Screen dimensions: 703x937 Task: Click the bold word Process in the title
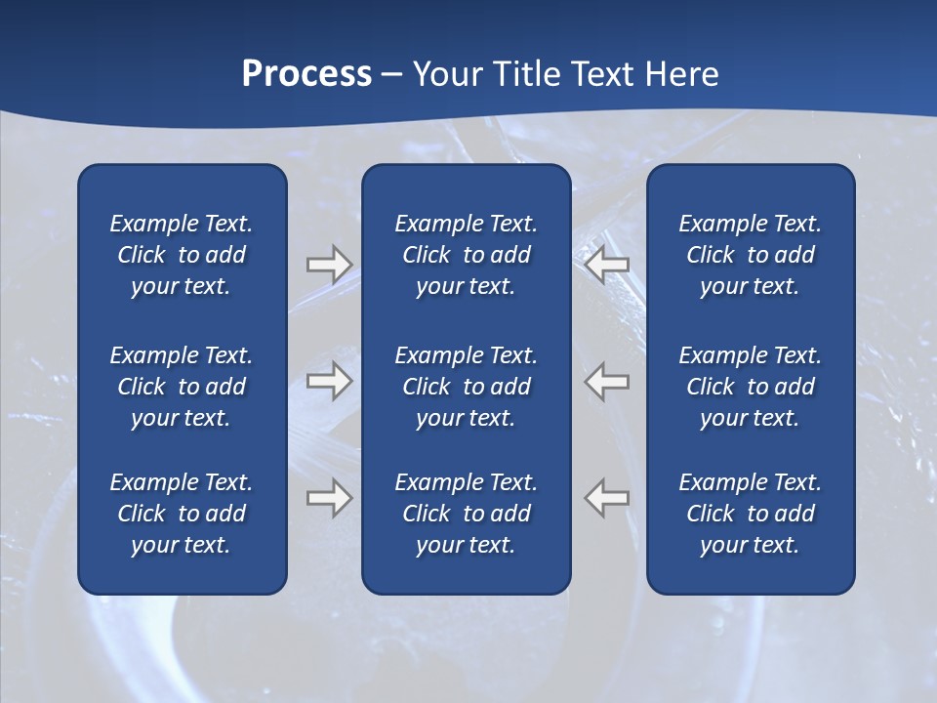[x=306, y=74]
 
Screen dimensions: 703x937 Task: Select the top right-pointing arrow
[x=329, y=265]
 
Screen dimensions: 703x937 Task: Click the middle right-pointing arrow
[x=329, y=381]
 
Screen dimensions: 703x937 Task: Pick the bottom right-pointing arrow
[x=329, y=497]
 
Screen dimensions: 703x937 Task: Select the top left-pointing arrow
[x=607, y=265]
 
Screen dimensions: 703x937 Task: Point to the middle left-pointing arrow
[x=607, y=381]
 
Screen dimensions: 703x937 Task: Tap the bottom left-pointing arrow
[x=607, y=497]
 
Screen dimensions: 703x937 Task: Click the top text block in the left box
[x=182, y=255]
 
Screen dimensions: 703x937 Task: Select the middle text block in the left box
[x=182, y=387]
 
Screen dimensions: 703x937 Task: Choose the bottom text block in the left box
[x=182, y=514]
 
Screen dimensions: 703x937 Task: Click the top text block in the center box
[x=466, y=255]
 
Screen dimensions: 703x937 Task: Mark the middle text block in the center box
[x=466, y=387]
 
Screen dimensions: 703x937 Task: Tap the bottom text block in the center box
[x=466, y=514]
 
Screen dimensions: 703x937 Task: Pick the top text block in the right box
[x=750, y=255]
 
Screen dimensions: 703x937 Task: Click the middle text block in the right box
[x=750, y=387]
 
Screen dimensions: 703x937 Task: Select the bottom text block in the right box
[x=750, y=514]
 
